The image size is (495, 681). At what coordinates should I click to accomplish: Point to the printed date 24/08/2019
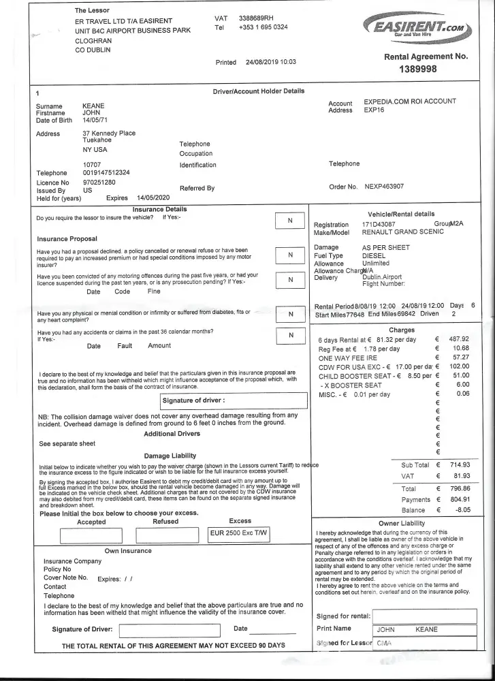(x=261, y=62)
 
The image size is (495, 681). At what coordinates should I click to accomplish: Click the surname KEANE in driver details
(x=94, y=106)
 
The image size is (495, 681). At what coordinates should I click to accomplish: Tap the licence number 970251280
(x=99, y=183)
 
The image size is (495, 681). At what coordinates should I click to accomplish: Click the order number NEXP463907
(x=384, y=186)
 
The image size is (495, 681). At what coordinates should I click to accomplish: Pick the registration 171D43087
(x=379, y=224)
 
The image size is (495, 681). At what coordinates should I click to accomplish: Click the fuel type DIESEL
(x=374, y=255)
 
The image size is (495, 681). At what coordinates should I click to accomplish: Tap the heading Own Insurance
(x=128, y=550)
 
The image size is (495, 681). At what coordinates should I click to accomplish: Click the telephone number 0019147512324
(x=106, y=173)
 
